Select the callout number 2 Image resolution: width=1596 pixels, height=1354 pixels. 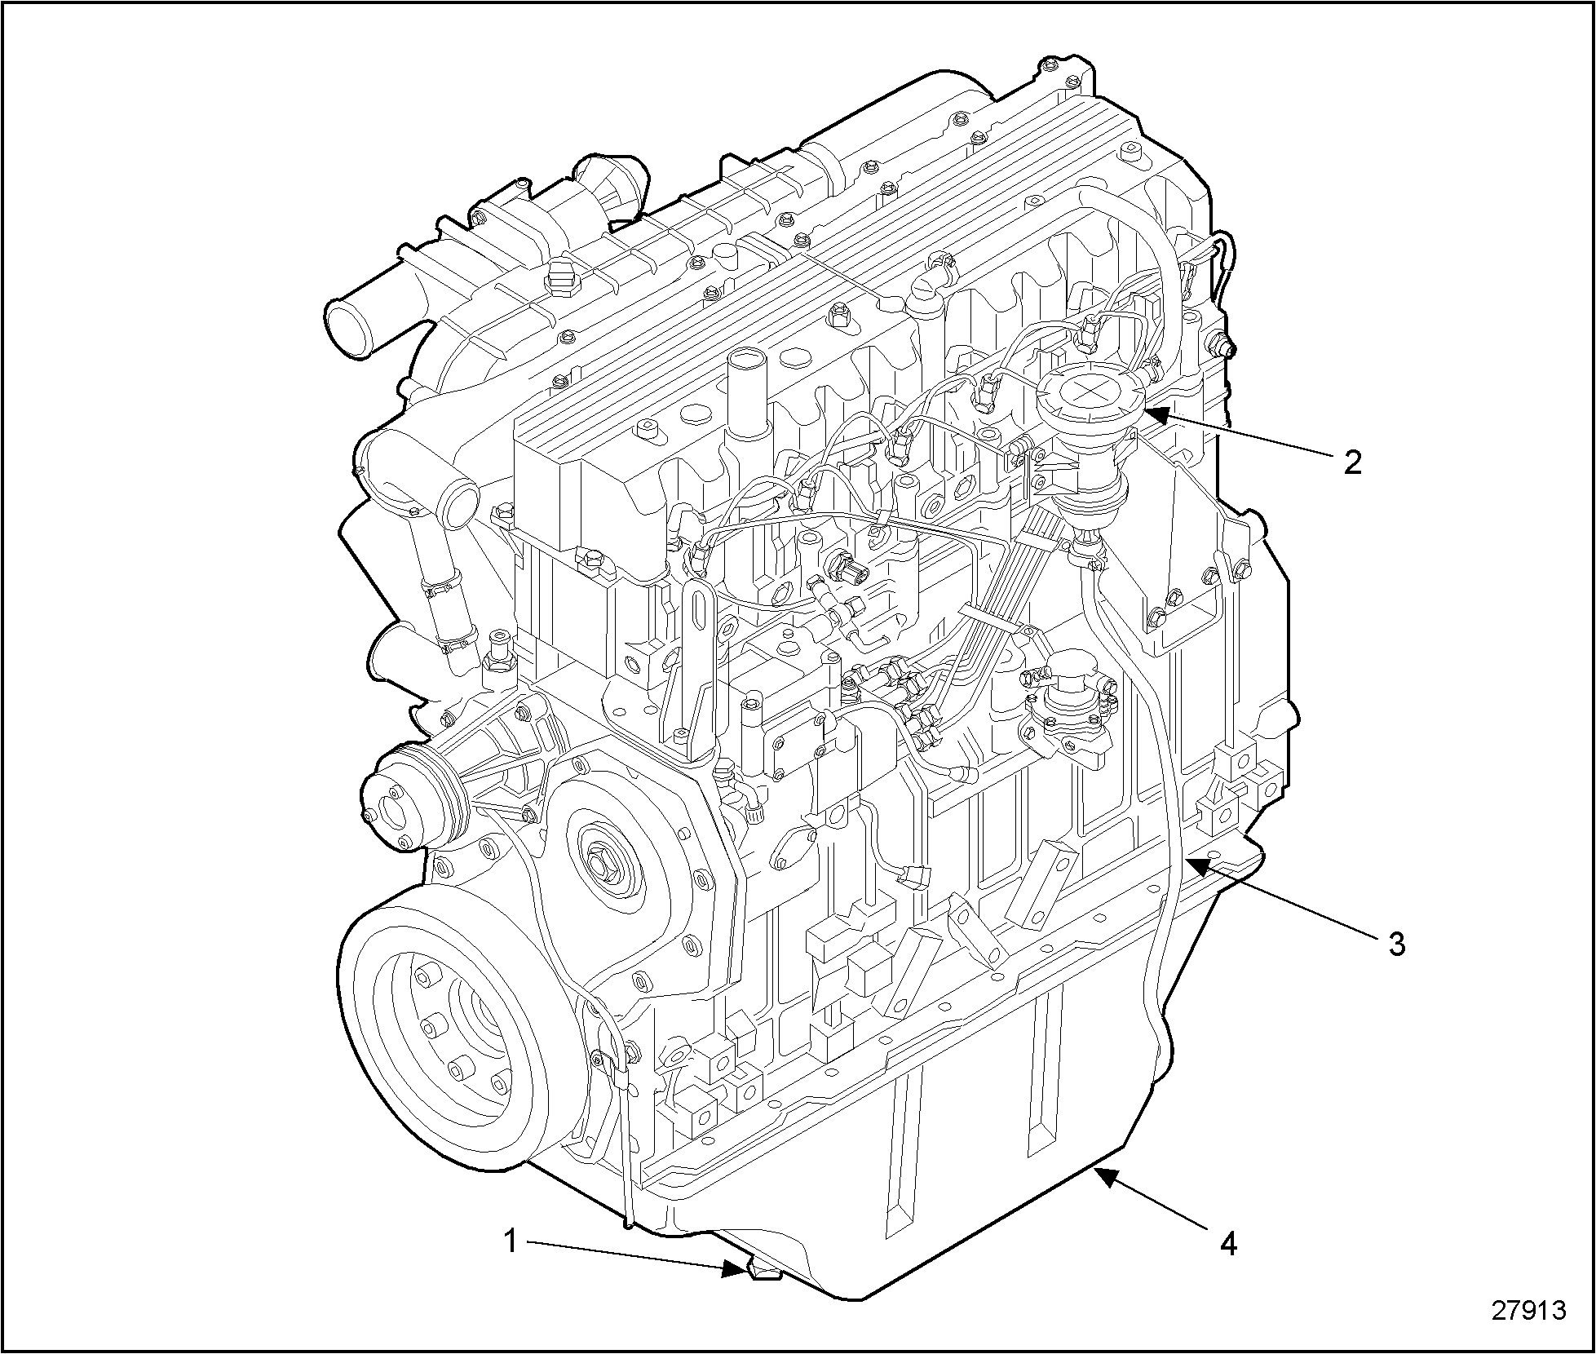[x=1351, y=462]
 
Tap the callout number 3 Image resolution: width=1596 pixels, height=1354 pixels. [x=1397, y=944]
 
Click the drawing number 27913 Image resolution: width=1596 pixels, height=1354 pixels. [x=1529, y=1310]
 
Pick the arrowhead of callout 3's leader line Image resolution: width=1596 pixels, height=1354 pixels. [x=1199, y=865]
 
